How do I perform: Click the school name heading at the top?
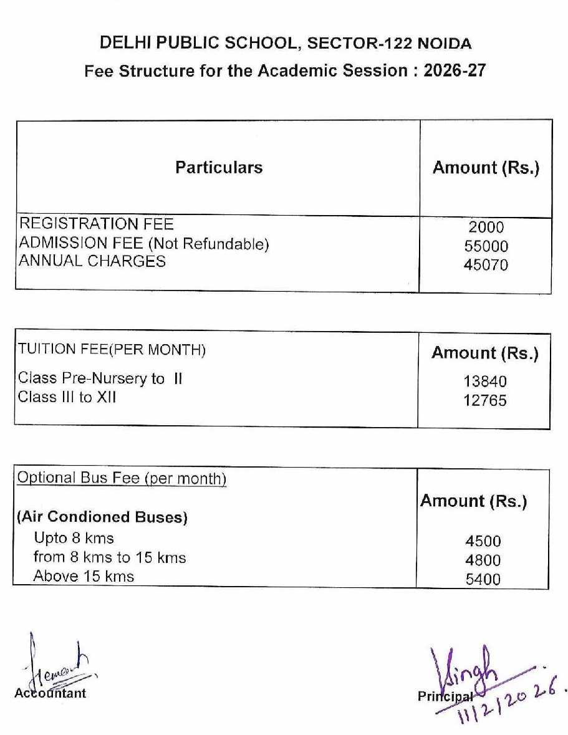(x=285, y=43)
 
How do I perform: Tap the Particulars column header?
(x=219, y=167)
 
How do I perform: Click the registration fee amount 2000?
(x=486, y=228)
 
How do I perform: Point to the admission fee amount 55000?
(x=486, y=246)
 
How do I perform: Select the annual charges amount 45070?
(x=486, y=265)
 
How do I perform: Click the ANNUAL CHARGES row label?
(x=92, y=261)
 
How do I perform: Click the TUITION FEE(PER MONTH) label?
(x=112, y=350)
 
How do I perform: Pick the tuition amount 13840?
(x=485, y=381)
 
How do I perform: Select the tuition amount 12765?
(x=485, y=400)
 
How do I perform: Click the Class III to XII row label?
(x=67, y=396)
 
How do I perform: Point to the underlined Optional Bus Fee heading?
(x=122, y=478)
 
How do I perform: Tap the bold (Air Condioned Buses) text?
(x=102, y=517)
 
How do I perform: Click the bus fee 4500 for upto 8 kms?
(x=483, y=541)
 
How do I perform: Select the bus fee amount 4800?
(x=483, y=560)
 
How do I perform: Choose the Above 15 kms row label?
(x=84, y=576)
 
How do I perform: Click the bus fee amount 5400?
(x=483, y=579)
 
